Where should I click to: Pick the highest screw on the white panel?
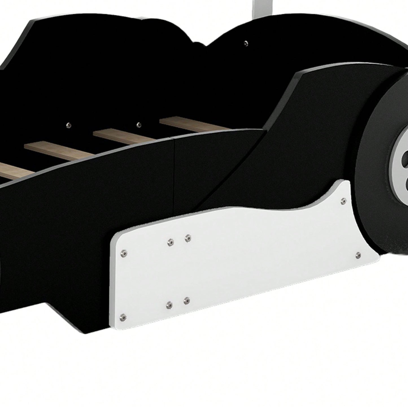coord(343,200)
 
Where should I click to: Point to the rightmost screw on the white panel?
coord(358,255)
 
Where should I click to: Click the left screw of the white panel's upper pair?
coord(170,242)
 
